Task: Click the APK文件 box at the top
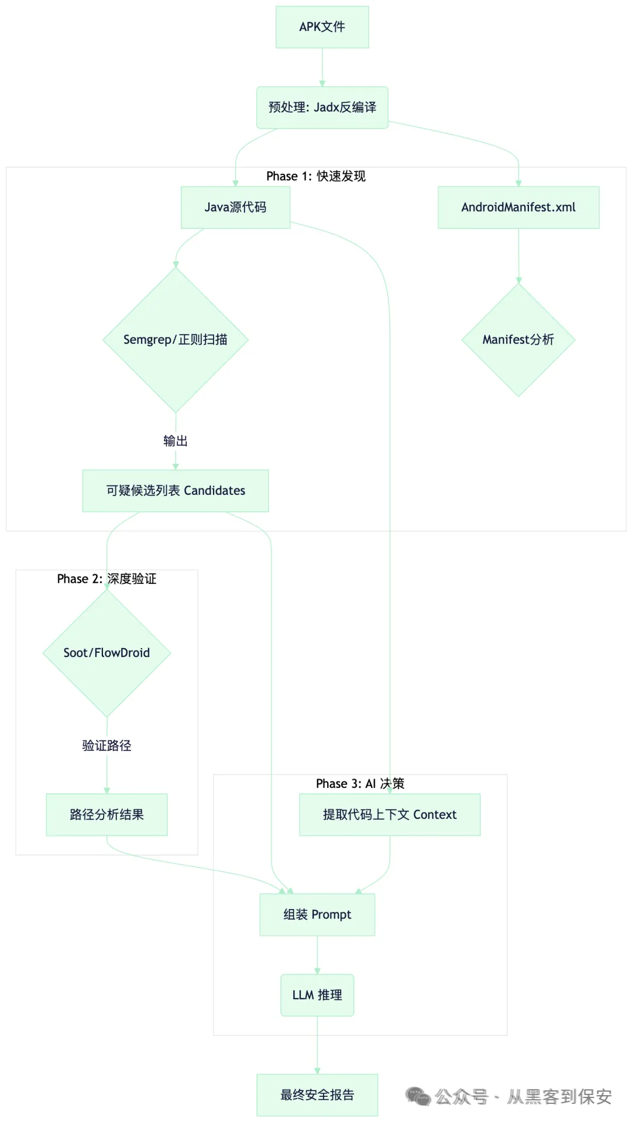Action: (x=322, y=27)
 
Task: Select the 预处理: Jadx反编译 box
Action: (x=322, y=108)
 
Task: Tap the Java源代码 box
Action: (x=235, y=207)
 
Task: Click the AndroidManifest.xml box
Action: (x=518, y=207)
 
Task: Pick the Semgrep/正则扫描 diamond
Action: (x=176, y=340)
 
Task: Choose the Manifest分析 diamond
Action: (x=518, y=340)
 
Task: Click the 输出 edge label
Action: (x=176, y=441)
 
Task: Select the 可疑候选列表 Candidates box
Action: (x=176, y=491)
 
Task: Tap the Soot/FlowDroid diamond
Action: (x=107, y=653)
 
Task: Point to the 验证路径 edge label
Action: (x=107, y=746)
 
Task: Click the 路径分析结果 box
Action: (x=107, y=815)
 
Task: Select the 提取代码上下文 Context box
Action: (x=390, y=815)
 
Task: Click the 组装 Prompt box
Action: (x=317, y=915)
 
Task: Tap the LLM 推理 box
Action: (x=317, y=995)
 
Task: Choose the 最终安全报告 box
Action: (x=317, y=1095)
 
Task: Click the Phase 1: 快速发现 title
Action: (x=316, y=177)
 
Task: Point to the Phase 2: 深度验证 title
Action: (x=107, y=579)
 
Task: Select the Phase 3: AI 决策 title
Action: (x=360, y=784)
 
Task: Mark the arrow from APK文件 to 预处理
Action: (x=322, y=68)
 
